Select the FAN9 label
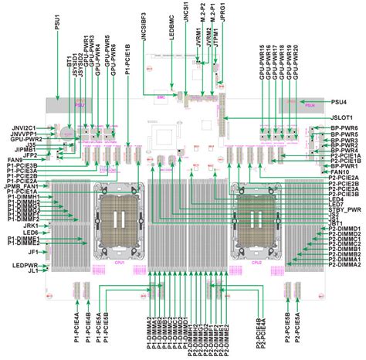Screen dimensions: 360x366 tap(15, 160)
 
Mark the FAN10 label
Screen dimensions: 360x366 tap(341, 172)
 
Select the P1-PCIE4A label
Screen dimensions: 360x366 tap(77, 325)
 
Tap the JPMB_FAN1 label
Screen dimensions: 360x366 tap(24, 186)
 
